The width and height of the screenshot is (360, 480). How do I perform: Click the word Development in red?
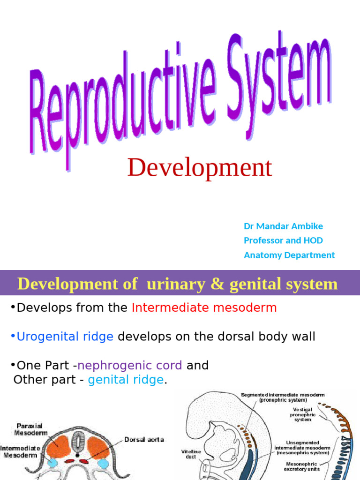pos(199,168)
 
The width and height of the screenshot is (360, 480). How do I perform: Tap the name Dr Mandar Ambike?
pos(283,226)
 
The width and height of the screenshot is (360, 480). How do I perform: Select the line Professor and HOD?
pos(283,240)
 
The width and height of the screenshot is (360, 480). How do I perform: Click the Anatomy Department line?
pos(289,255)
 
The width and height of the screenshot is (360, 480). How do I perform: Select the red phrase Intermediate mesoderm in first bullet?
pos(204,308)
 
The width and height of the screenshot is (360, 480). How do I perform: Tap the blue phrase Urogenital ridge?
pos(65,337)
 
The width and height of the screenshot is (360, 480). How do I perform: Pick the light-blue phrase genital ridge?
pos(126,380)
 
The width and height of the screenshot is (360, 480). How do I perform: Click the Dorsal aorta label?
pos(144,440)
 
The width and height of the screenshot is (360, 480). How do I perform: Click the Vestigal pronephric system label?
pos(303,414)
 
